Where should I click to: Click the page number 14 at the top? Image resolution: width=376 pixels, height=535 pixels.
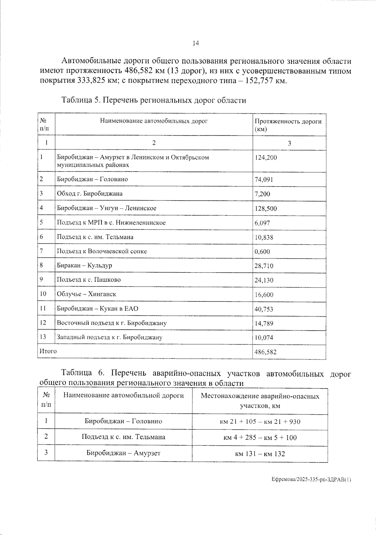click(x=196, y=44)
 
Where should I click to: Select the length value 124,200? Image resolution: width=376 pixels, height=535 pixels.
click(x=266, y=158)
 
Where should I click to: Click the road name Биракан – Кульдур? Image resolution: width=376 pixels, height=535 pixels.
click(x=84, y=266)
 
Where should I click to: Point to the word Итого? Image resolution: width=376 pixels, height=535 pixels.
click(x=48, y=351)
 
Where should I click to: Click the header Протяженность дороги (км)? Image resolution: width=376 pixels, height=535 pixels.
click(x=288, y=125)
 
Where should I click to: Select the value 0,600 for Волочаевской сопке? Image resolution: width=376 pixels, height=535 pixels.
click(x=262, y=252)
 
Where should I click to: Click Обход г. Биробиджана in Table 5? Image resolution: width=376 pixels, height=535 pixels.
click(x=90, y=194)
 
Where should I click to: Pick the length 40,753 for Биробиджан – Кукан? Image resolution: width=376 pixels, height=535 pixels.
click(x=264, y=309)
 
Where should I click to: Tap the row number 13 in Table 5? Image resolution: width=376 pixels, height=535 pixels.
click(x=43, y=337)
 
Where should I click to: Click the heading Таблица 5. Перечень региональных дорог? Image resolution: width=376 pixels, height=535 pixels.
click(x=154, y=100)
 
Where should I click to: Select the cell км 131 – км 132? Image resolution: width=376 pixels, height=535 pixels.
click(x=260, y=454)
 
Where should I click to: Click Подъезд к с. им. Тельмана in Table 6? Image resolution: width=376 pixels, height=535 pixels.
click(x=123, y=437)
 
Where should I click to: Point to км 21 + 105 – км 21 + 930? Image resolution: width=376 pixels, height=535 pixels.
click(x=260, y=422)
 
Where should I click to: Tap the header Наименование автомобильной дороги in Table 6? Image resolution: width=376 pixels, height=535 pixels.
click(x=123, y=395)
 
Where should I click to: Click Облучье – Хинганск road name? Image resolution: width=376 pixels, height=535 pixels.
click(x=86, y=294)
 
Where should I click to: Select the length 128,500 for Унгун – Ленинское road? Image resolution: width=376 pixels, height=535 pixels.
click(x=266, y=209)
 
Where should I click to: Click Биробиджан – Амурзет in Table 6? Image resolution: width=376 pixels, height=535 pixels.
click(x=123, y=453)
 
